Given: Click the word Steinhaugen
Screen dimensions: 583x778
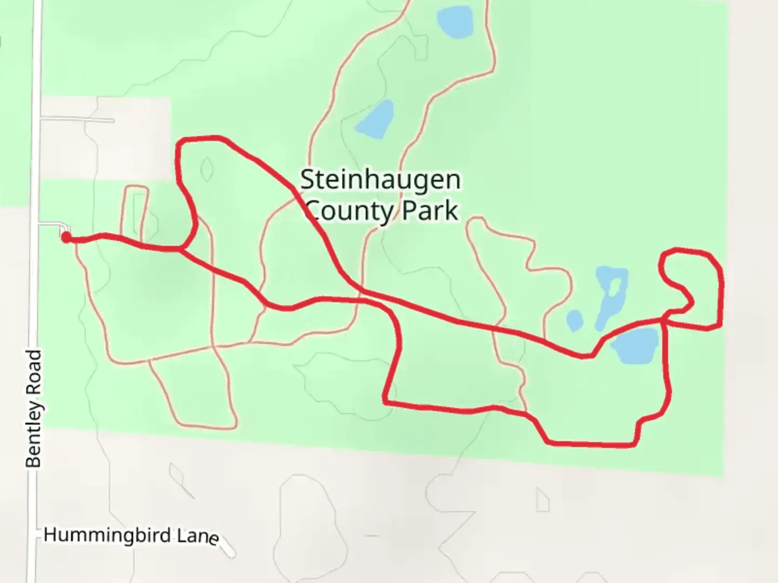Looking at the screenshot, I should pos(380,180).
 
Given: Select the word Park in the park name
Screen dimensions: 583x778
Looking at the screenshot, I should pos(430,211).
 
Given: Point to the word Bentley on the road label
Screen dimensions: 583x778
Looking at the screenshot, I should pos(33,435).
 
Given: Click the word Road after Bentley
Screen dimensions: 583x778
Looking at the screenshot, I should pos(33,371).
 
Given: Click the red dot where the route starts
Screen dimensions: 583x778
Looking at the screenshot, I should pos(65,238).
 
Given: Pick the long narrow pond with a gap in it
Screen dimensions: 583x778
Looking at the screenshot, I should pos(609,297).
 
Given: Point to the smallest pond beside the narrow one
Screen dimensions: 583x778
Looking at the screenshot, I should pos(574,320).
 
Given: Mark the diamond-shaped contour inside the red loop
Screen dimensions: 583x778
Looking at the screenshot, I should pos(206,170).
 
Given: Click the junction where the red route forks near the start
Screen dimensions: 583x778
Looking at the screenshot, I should pos(180,249).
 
